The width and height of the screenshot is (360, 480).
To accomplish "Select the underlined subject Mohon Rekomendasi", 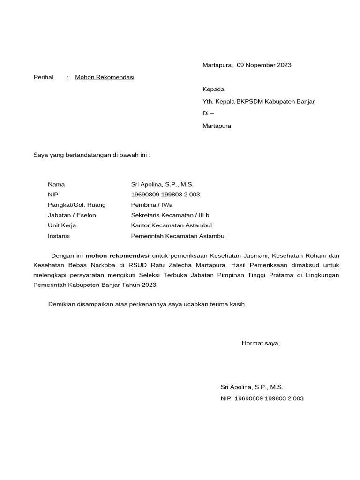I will point(105,77).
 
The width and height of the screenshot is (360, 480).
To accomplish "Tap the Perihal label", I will point(44,77).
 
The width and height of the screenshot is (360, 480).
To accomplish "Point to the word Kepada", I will point(213,89).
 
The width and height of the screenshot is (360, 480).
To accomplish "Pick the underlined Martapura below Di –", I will point(217,126).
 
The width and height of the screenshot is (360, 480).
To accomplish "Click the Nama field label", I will point(56,185).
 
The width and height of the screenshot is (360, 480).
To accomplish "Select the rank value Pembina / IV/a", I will point(152,205).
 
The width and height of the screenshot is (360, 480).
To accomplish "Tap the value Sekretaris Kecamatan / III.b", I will point(170,215).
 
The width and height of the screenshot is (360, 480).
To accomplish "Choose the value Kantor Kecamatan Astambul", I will point(172,225).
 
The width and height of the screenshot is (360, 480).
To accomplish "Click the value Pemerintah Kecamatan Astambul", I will point(178,236).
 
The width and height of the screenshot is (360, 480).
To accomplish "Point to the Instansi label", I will point(59,236).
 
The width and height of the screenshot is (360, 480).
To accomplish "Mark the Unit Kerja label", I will point(62,225).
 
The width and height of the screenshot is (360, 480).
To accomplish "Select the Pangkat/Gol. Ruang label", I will point(76,205).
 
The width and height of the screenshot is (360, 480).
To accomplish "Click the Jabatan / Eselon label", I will point(72,215).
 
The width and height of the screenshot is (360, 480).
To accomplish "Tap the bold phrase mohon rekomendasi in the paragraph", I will point(117,256).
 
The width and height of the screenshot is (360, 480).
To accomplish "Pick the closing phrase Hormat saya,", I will point(261,343).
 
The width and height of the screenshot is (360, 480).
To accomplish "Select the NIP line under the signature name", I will point(262,398).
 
